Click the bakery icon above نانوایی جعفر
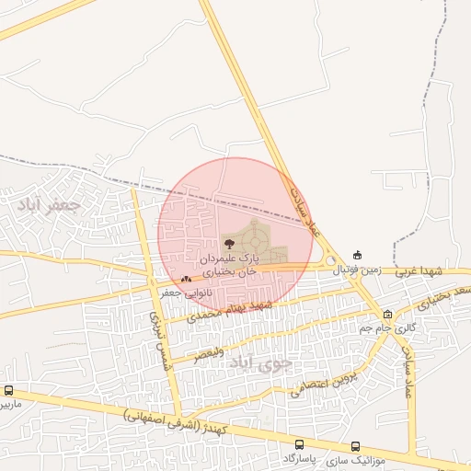click(187, 278)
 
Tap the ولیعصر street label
click(202, 352)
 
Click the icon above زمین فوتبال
click(357, 255)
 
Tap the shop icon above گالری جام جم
click(387, 314)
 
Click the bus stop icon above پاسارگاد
click(300, 443)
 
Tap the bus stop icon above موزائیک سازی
click(356, 446)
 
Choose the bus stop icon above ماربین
click(8, 390)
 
